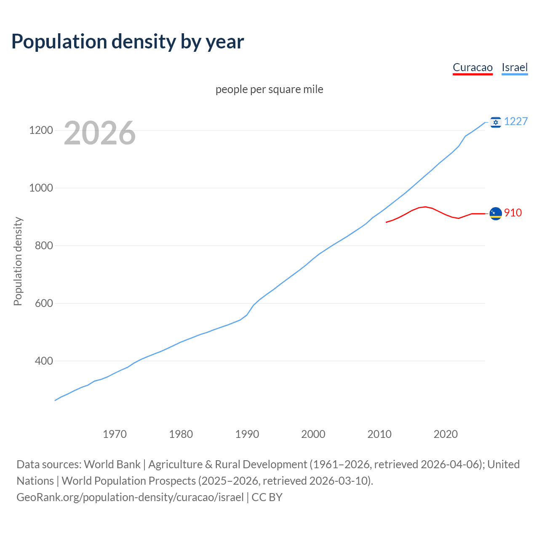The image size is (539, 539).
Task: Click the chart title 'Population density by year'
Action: coord(128,41)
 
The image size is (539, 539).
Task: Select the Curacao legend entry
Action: coord(472,67)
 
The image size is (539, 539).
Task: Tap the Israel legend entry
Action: coord(515,67)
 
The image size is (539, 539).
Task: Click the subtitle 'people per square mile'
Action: coord(269,89)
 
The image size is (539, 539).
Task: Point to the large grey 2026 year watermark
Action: coord(100,133)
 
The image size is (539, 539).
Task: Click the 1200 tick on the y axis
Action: coord(41,131)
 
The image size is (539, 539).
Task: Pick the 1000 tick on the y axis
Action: coord(41,188)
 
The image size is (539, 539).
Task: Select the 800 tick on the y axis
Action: coord(44,245)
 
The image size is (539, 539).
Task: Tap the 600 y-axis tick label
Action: coord(44,303)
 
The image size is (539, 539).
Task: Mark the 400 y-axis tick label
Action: coord(44,361)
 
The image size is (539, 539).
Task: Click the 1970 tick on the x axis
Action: coord(115,434)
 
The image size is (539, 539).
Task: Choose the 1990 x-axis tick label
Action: coord(247,434)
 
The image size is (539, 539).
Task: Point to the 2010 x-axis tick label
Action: coord(379,434)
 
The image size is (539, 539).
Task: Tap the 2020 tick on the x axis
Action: coord(446,434)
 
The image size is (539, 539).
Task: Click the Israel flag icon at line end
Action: coord(496,122)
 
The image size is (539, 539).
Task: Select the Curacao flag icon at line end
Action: coord(496,213)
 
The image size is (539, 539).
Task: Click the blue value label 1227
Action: coord(516,122)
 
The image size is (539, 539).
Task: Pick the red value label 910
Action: coord(513,213)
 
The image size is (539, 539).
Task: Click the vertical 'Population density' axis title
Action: coord(18,261)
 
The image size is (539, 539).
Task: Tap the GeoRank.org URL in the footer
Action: coord(130,497)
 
